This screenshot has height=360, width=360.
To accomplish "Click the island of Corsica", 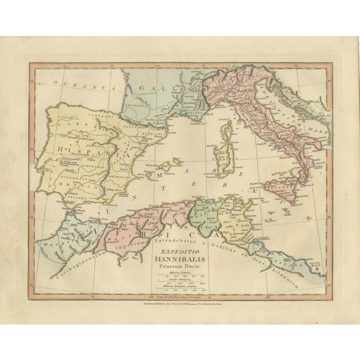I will [x=227, y=133].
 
